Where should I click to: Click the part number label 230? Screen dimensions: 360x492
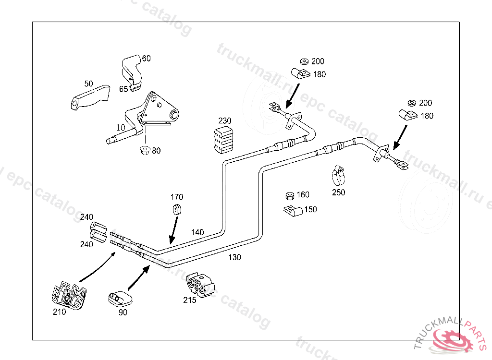[225, 120]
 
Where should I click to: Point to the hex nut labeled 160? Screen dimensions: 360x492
[290, 195]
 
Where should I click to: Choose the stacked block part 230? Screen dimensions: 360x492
[223, 140]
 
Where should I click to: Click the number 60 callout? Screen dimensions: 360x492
[146, 59]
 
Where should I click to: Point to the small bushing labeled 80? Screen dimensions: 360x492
[144, 151]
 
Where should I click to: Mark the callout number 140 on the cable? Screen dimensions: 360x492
[197, 232]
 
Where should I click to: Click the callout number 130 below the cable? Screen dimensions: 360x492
[234, 257]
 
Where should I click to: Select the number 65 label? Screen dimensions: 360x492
[123, 89]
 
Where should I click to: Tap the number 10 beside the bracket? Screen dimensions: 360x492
[120, 127]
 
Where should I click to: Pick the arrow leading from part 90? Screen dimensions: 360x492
[138, 278]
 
